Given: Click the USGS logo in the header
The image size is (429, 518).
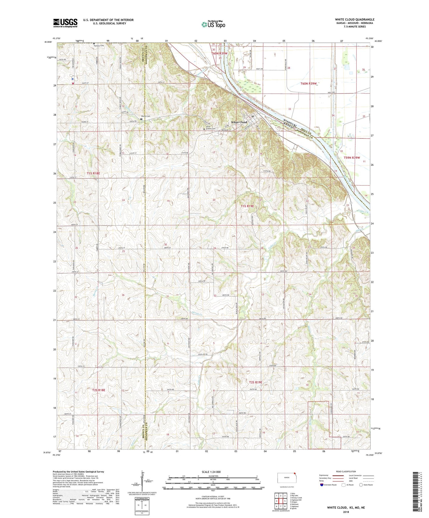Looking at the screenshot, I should [x=65, y=23].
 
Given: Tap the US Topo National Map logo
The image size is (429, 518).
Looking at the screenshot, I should [x=213, y=24].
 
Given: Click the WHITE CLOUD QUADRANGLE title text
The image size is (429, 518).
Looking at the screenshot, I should [x=354, y=20].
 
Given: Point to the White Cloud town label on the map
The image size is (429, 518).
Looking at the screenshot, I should [x=239, y=122].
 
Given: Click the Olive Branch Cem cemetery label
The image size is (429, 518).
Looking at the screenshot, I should [x=210, y=128].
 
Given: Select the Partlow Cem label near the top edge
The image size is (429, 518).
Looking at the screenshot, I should [x=99, y=46].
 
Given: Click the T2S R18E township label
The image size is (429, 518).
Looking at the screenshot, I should [x=97, y=390].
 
